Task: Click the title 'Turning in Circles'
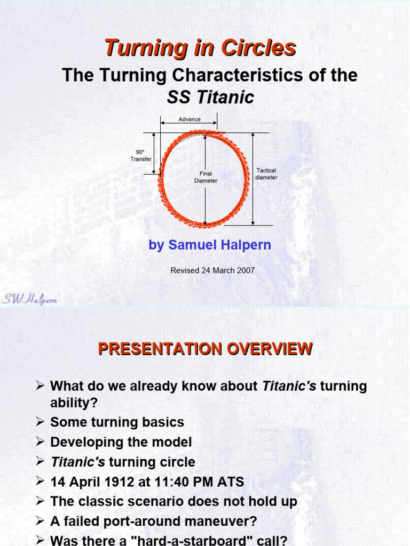(200, 48)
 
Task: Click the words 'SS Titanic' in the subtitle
(210, 98)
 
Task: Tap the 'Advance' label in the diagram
(190, 119)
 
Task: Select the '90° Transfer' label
(141, 155)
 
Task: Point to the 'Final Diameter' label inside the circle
(206, 177)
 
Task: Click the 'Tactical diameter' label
(266, 174)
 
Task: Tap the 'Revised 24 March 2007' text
(212, 270)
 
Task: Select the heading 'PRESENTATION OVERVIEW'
(205, 349)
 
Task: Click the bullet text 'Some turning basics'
(117, 422)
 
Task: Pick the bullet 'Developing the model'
(121, 442)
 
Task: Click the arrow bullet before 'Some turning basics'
(40, 422)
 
